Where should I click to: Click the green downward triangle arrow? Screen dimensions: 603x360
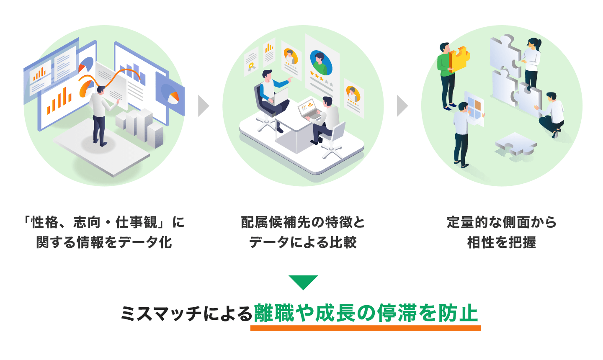[303, 282]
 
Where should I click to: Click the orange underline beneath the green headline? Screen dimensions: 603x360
[365, 328]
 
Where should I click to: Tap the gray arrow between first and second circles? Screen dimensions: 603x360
[204, 106]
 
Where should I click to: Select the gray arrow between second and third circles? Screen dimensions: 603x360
[402, 106]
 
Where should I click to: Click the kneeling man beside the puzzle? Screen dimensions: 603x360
[551, 115]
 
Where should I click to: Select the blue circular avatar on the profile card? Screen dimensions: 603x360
[321, 63]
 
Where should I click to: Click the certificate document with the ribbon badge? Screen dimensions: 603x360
[251, 62]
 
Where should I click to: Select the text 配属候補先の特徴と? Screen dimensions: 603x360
[303, 222]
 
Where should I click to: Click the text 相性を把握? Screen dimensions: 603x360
[502, 242]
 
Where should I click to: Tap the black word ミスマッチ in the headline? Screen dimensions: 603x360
[161, 313]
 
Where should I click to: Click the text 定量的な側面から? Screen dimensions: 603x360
[502, 222]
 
